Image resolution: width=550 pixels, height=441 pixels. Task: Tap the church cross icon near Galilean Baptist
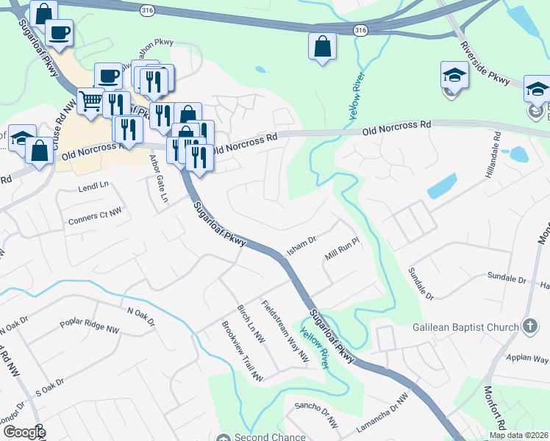click(529, 326)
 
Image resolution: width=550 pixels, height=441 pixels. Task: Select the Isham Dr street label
click(301, 245)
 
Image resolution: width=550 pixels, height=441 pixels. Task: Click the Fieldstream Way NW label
click(285, 331)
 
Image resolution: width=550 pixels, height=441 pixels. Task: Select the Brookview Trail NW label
click(242, 352)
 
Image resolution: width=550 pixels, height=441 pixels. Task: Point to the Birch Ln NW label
click(251, 323)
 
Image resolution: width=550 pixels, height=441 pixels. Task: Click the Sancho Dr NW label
click(315, 415)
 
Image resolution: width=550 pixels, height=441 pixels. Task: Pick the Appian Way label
click(527, 359)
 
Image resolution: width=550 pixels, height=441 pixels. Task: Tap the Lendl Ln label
click(93, 189)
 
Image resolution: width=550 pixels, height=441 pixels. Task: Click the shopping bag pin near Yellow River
click(321, 46)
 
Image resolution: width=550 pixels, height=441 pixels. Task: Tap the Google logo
click(24, 432)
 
